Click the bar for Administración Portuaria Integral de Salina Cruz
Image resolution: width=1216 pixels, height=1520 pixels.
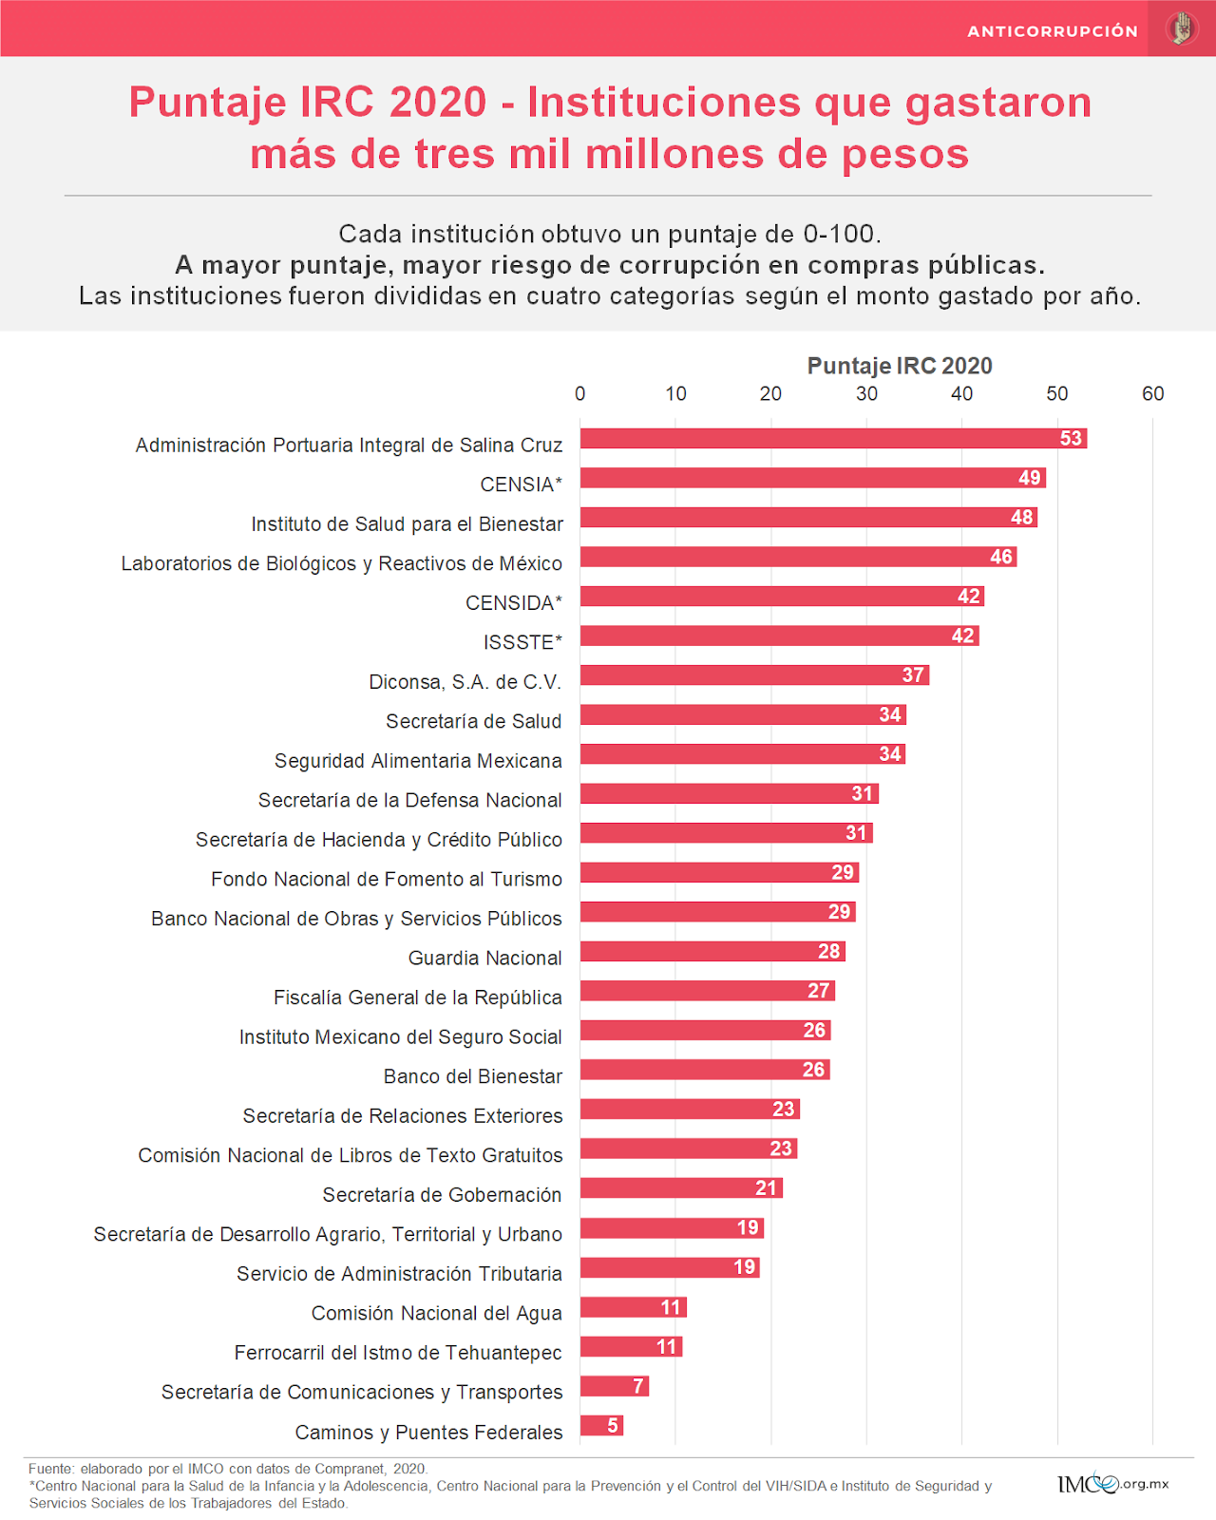click(x=817, y=438)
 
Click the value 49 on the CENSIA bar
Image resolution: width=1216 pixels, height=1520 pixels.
click(x=1030, y=478)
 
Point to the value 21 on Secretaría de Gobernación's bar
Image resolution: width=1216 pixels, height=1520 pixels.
click(x=766, y=1187)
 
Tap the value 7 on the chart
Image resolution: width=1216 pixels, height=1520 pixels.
click(x=638, y=1386)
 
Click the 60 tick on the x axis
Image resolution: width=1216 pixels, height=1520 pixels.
click(x=1152, y=393)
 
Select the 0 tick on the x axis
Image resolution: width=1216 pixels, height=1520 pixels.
click(x=580, y=393)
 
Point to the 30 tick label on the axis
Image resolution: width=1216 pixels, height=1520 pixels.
click(x=866, y=393)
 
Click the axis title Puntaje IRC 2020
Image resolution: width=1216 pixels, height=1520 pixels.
click(x=899, y=366)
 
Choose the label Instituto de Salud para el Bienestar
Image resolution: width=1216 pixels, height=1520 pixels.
click(x=407, y=524)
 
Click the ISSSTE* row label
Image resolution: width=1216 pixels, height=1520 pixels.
click(x=522, y=643)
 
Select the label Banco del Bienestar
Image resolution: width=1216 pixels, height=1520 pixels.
click(x=472, y=1076)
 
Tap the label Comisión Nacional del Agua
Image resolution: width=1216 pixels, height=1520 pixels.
click(x=436, y=1313)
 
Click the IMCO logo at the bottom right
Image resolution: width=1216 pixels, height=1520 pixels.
click(x=1112, y=1483)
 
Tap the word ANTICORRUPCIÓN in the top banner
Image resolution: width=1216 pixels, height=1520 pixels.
click(x=1052, y=31)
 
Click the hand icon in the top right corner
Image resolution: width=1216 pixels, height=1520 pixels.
click(x=1182, y=28)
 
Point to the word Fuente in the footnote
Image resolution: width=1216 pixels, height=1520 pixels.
click(x=50, y=1469)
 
